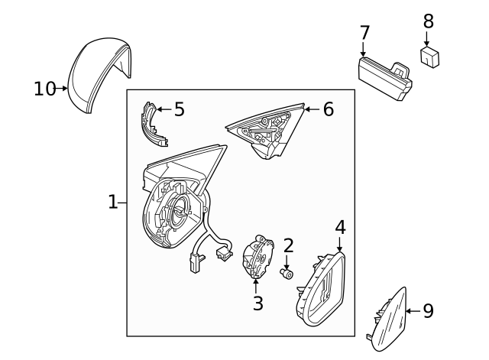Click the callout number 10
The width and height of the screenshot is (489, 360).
tap(45, 89)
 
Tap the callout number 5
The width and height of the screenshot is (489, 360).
tap(179, 109)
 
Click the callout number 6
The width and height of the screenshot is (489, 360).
tap(328, 109)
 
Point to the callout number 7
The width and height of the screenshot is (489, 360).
tap(364, 33)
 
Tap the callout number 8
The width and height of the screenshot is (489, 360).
tap(428, 21)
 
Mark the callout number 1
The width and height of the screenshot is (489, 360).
tap(112, 203)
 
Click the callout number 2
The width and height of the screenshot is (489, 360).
tap(288, 245)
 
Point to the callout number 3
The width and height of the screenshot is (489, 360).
tap(258, 303)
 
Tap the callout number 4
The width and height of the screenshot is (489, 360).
tap(340, 227)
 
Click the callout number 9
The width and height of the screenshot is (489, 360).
tap(428, 310)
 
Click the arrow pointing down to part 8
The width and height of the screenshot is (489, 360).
tap(428, 37)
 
